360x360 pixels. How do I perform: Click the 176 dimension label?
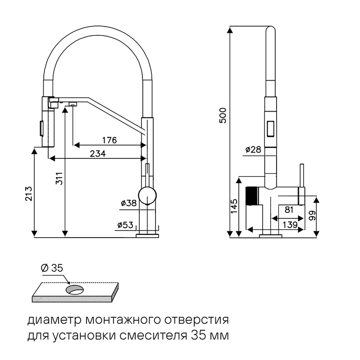click(x=109, y=140)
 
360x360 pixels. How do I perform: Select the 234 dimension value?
click(x=98, y=153)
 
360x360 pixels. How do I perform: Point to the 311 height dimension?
click(x=59, y=178)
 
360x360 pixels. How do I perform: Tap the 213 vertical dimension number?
click(x=29, y=194)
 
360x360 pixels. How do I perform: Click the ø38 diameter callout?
click(x=129, y=203)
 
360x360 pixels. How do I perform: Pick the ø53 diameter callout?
click(x=125, y=225)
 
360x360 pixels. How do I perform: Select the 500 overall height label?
click(x=223, y=116)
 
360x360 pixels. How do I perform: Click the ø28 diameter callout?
click(x=253, y=150)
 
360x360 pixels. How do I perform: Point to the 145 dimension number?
click(x=234, y=206)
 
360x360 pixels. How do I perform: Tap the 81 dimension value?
click(x=289, y=210)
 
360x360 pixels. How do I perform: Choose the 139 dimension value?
click(x=290, y=225)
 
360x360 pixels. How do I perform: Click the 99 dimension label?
click(x=312, y=216)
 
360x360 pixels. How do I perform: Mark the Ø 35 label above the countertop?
click(x=52, y=268)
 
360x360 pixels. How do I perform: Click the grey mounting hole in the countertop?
click(x=75, y=289)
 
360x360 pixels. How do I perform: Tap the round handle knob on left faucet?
click(x=147, y=195)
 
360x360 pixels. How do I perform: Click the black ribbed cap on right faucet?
click(x=251, y=196)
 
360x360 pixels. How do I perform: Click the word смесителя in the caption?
click(x=153, y=336)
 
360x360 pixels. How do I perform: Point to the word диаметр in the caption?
click(x=55, y=320)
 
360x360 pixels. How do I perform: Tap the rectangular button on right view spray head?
click(x=270, y=129)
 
